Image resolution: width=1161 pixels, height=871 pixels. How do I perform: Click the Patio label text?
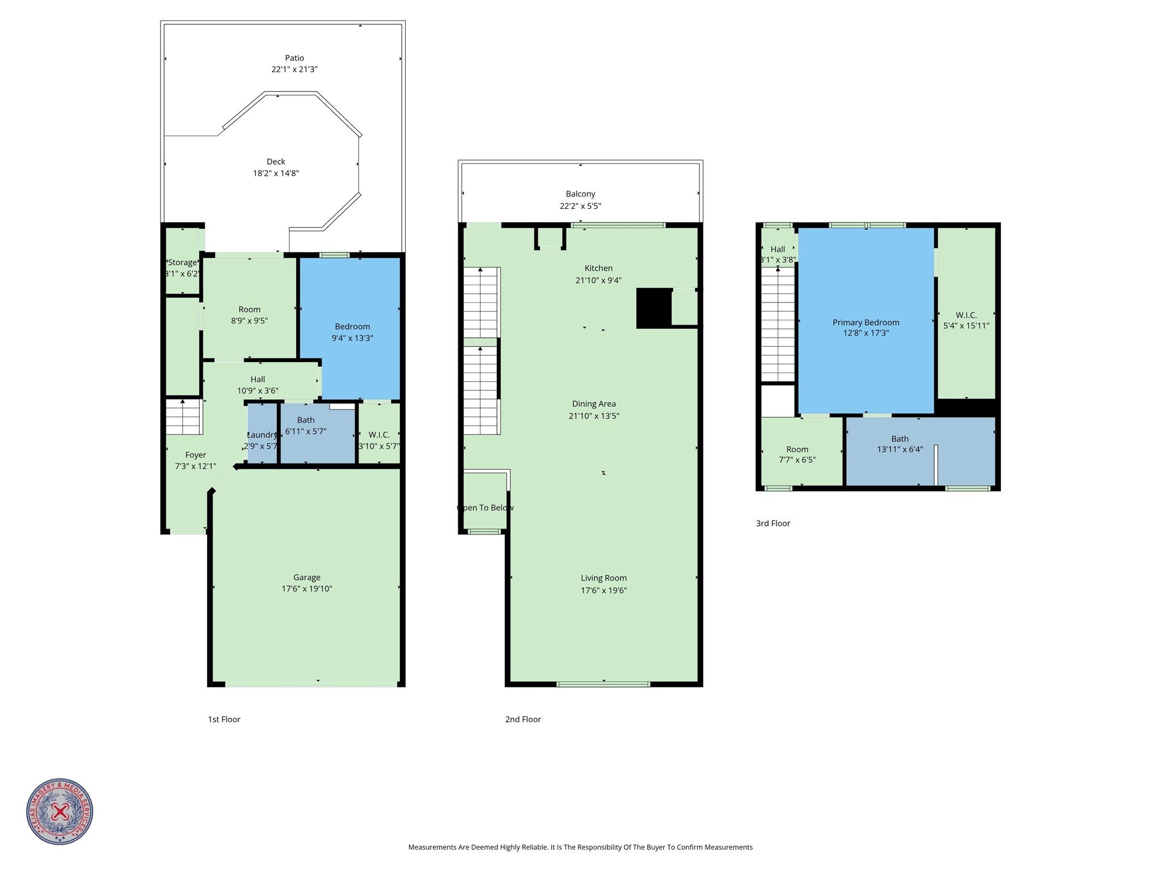click(294, 58)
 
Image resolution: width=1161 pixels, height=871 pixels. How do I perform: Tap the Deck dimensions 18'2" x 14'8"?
click(276, 174)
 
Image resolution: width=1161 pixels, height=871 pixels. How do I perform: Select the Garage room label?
click(306, 578)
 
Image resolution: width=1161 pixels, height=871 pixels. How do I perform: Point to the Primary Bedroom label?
click(866, 322)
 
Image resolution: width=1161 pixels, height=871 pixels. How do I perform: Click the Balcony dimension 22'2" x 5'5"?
click(580, 207)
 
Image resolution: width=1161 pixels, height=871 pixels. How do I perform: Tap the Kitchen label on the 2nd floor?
click(598, 268)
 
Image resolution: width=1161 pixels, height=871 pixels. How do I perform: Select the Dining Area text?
click(594, 404)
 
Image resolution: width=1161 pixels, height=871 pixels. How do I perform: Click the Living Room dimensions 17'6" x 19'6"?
click(603, 590)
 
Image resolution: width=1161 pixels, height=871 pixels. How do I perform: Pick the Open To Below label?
click(485, 508)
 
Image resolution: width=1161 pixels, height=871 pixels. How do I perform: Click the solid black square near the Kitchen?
click(653, 308)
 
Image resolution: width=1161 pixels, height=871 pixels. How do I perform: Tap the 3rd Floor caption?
click(772, 523)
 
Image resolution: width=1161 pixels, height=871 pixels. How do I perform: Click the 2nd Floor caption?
click(523, 719)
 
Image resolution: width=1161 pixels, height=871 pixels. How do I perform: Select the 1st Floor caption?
click(224, 719)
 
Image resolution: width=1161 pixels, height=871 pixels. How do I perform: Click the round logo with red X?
click(60, 811)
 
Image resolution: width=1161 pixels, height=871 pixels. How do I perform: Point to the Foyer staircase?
click(184, 417)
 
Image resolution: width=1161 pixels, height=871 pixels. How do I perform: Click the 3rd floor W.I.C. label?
click(966, 315)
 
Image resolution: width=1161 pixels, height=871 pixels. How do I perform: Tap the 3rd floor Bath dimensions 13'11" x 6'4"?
click(900, 449)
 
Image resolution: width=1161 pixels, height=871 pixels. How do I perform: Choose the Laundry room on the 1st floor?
click(262, 435)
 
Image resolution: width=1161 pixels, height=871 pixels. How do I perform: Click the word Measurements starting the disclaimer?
click(432, 847)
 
